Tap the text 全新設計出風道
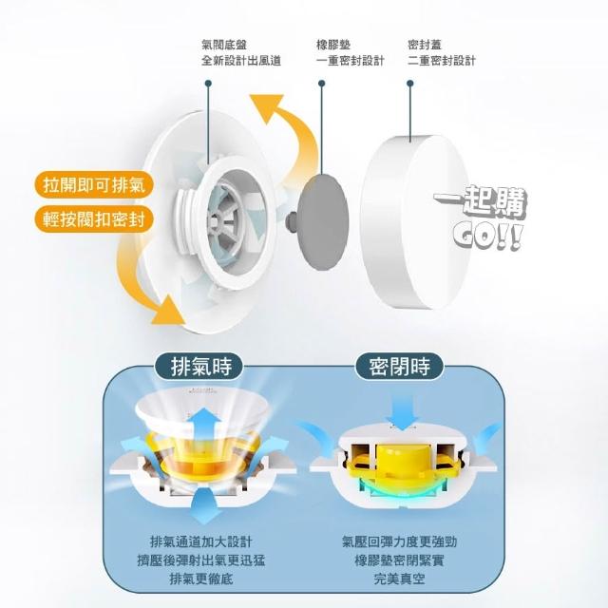click(x=240, y=61)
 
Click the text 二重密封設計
click(x=441, y=61)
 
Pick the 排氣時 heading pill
click(x=199, y=366)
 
